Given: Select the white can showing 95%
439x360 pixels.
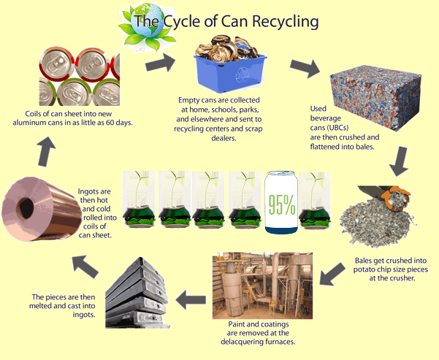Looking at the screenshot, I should point(281,204).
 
